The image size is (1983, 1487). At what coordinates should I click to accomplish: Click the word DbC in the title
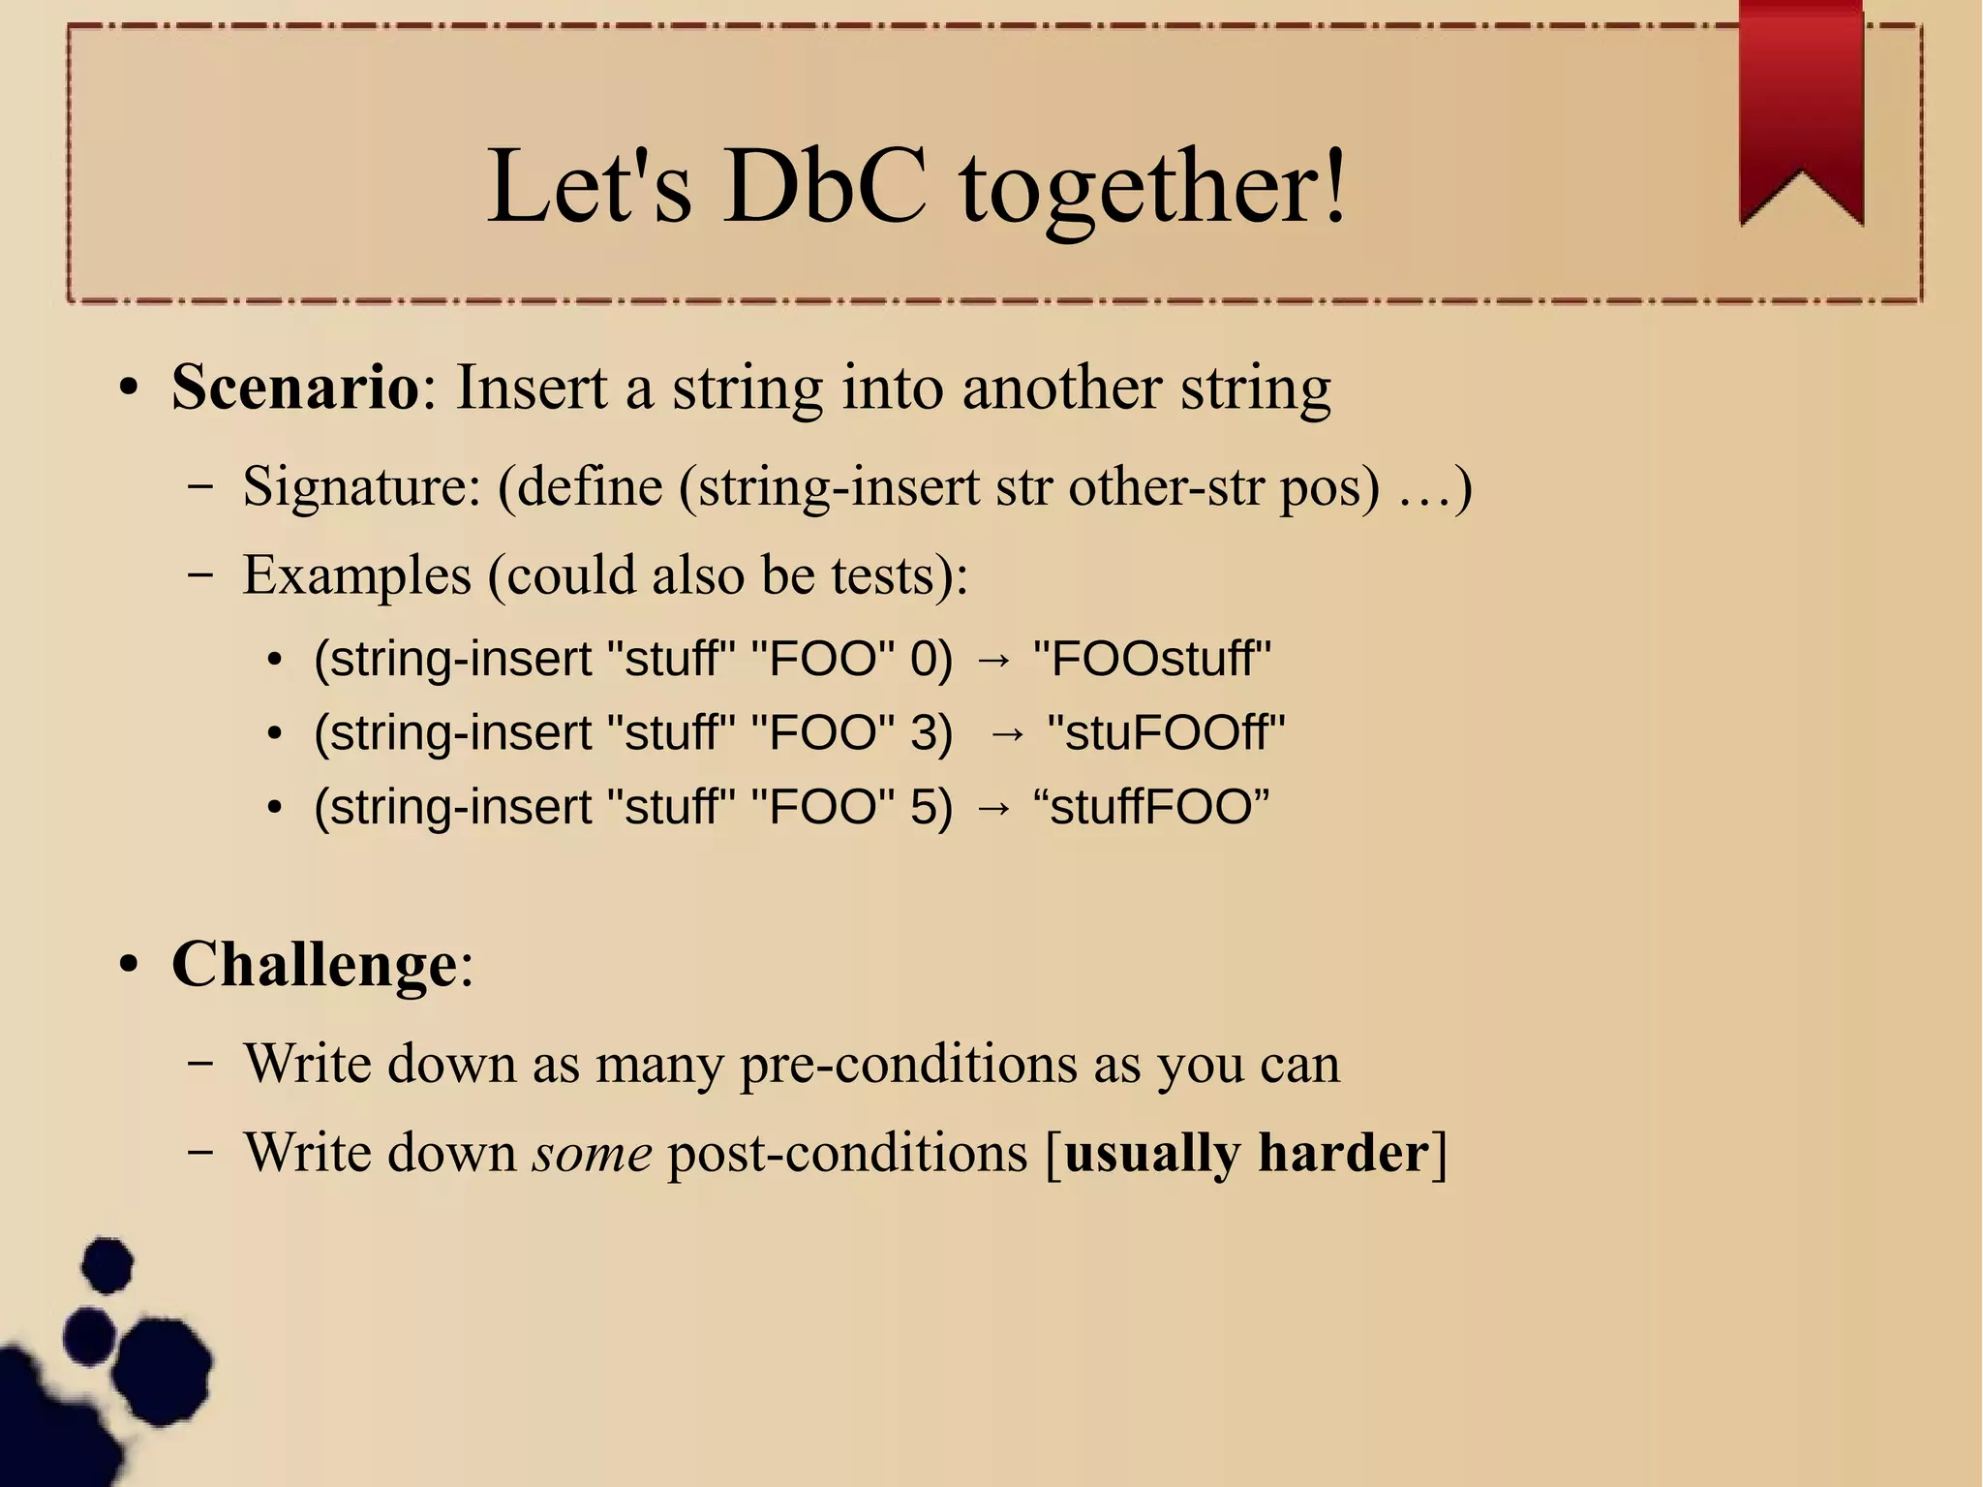824,186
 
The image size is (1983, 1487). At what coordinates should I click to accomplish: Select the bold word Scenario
295,387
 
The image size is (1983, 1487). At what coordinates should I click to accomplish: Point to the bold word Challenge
314,965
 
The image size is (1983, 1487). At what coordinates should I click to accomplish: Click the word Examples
356,575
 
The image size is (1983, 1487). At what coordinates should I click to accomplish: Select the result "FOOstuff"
1151,659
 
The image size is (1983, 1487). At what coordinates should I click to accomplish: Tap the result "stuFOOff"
1166,733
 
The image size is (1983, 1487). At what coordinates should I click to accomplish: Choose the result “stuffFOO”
1151,807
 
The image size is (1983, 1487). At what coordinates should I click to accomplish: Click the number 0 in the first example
924,659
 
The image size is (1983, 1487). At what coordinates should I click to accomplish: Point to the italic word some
592,1154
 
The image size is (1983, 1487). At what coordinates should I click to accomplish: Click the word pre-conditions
907,1064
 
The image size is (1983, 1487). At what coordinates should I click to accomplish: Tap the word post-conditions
847,1154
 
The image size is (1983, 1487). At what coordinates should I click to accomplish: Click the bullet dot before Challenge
129,966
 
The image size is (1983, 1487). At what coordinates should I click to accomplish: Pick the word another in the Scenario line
1061,387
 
